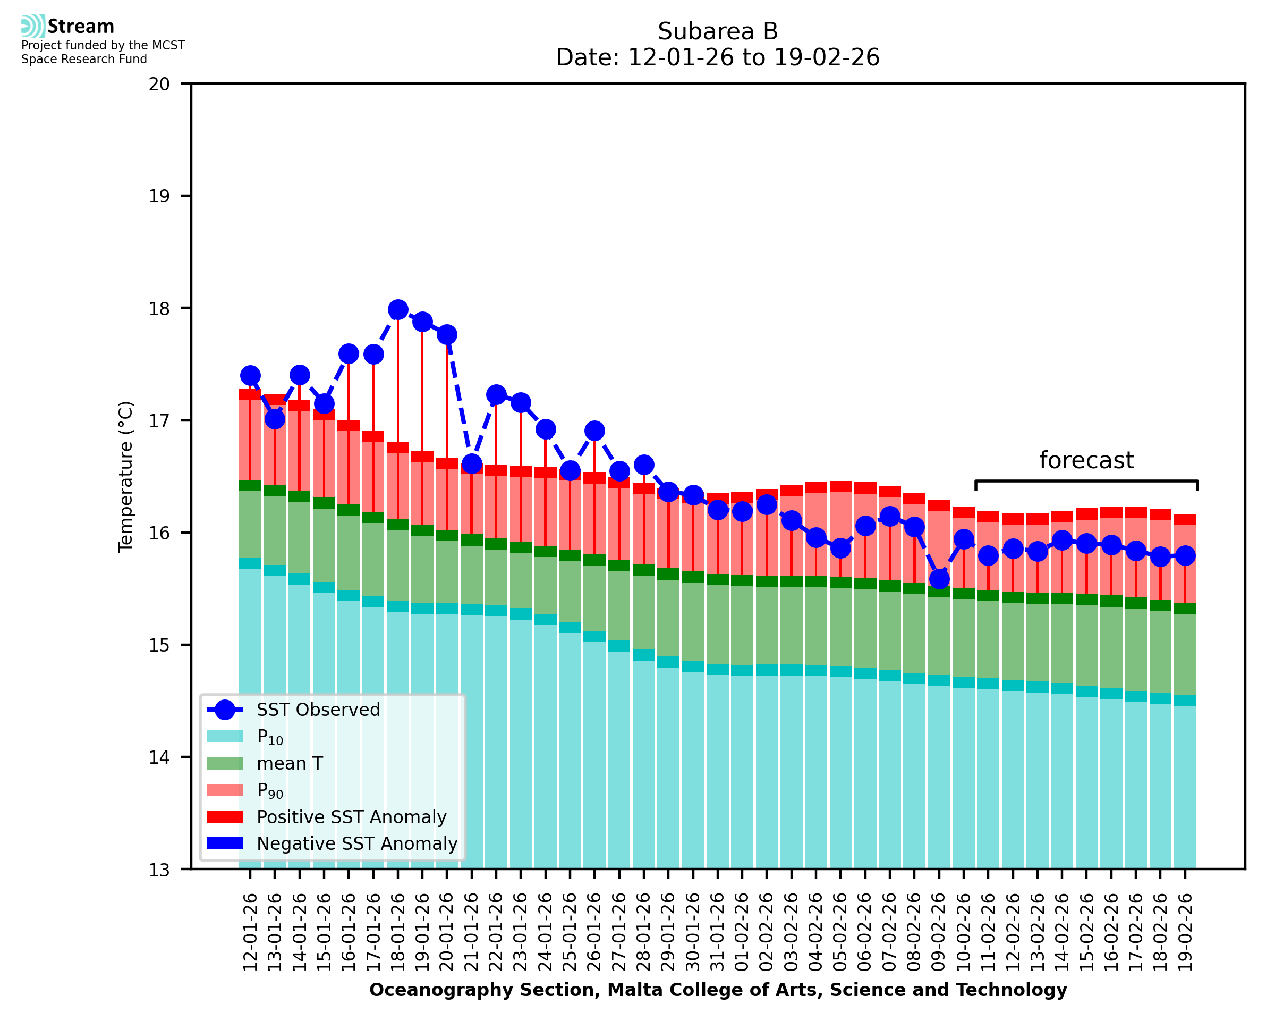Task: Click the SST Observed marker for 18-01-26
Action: pos(398,310)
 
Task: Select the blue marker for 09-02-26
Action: pos(939,579)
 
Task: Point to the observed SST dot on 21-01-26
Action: pos(471,464)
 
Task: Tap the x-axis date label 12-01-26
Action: pos(250,932)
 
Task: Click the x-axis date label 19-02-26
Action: pos(1185,932)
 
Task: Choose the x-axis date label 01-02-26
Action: pos(742,932)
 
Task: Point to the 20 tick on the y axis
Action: pos(159,84)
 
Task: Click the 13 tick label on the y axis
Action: pos(159,870)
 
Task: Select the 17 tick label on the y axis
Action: pos(159,421)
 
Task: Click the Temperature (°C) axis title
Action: pos(126,476)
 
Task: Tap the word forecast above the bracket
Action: pos(1086,460)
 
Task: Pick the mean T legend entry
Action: pos(290,763)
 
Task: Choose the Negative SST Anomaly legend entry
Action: pos(357,843)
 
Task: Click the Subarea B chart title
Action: pos(718,31)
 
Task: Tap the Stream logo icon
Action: pos(33,26)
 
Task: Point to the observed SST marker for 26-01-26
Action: pos(594,431)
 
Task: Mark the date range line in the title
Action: pos(718,57)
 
